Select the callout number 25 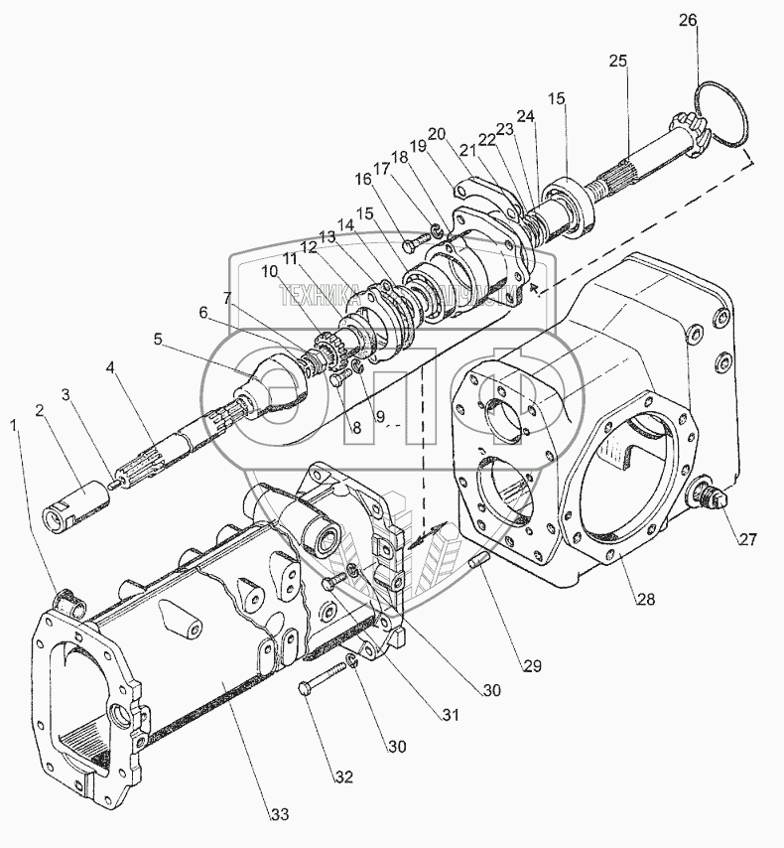(618, 61)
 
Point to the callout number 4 (111, 367)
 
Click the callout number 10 (270, 271)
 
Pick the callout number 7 (228, 297)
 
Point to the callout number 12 (309, 246)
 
